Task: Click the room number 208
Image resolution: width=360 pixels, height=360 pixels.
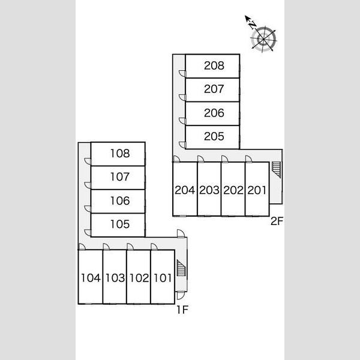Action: pos(214,65)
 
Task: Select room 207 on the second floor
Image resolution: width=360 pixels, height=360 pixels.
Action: pos(214,89)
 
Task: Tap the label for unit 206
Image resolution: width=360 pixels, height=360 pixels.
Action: pos(214,113)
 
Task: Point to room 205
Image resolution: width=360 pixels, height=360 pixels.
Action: pos(214,136)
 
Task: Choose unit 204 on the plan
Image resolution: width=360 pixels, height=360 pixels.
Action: pos(185,190)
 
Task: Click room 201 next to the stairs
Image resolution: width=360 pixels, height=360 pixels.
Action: pos(257,190)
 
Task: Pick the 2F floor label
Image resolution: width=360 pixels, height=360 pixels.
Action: pos(277,221)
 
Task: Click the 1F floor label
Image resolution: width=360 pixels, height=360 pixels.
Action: pos(182,310)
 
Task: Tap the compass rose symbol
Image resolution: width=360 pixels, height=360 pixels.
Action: pos(264,39)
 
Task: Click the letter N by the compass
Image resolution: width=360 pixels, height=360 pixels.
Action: pos(253,25)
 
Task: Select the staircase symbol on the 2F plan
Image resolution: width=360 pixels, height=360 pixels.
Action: pos(276,170)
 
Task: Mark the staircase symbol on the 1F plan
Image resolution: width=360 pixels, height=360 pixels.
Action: pos(181,268)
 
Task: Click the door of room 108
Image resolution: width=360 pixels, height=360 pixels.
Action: pos(88,161)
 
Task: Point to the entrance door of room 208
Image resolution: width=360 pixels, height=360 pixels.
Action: pos(182,73)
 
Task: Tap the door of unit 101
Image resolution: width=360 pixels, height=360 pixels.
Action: pos(154,247)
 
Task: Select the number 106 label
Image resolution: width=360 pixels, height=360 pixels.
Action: pos(120,201)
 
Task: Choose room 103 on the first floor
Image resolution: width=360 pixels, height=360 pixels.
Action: pos(115,278)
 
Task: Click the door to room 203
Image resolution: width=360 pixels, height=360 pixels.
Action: pos(201,159)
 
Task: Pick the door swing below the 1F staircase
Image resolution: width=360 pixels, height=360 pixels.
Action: pos(181,296)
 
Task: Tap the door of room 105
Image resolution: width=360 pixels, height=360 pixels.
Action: pos(88,233)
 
